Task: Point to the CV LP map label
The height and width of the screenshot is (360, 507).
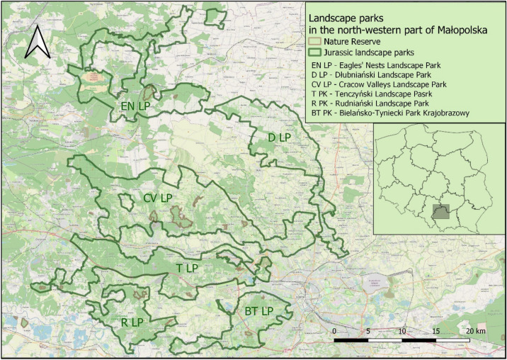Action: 158,198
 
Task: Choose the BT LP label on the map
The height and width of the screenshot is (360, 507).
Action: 258,311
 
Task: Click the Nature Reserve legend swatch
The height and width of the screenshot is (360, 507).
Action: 315,42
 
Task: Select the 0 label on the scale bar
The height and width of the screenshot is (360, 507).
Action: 334,332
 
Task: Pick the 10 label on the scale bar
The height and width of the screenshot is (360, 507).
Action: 402,332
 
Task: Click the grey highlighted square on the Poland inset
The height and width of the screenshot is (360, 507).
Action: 441,212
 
